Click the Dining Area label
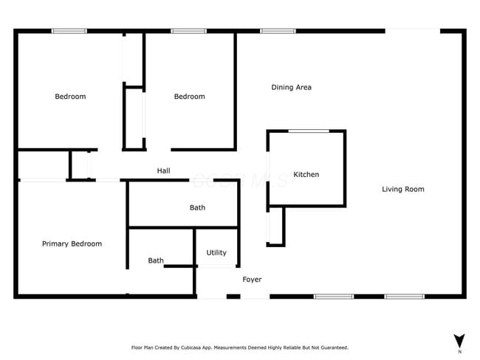pyautogui.click(x=291, y=87)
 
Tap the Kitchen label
pyautogui.click(x=306, y=175)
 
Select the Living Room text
pyautogui.click(x=402, y=190)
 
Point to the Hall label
pyautogui.click(x=163, y=171)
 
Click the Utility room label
pyautogui.click(x=216, y=253)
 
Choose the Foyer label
pyautogui.click(x=252, y=280)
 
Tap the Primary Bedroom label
pyautogui.click(x=72, y=244)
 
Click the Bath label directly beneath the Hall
pyautogui.click(x=197, y=208)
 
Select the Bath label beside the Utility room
pyautogui.click(x=156, y=260)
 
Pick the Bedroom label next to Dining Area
pyautogui.click(x=189, y=97)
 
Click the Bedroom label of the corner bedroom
pyautogui.click(x=70, y=97)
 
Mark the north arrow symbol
pyautogui.click(x=459, y=340)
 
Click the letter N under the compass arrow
pyautogui.click(x=459, y=352)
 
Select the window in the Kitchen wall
pyautogui.click(x=309, y=131)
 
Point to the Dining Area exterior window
pyautogui.click(x=278, y=31)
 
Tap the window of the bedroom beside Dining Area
pyautogui.click(x=188, y=31)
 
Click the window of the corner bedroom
pyautogui.click(x=69, y=31)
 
